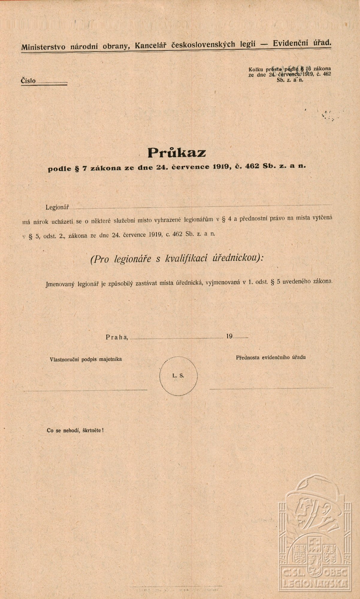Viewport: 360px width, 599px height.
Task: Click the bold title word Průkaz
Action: point(177,153)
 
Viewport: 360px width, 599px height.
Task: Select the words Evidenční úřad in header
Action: point(302,43)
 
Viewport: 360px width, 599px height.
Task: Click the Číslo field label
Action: point(28,81)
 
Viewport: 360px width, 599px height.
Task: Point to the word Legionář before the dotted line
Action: point(58,207)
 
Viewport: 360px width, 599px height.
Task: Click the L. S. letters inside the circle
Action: point(178,376)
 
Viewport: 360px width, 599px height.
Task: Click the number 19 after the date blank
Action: point(229,336)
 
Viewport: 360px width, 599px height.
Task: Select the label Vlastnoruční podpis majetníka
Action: point(86,359)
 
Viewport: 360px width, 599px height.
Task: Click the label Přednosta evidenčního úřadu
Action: point(271,357)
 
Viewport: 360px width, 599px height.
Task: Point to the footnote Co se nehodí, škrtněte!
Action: point(75,431)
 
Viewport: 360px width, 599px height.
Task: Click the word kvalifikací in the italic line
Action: point(186,258)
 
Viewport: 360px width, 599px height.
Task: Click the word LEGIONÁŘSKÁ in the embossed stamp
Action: point(313,583)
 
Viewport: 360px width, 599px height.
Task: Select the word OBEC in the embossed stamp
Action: point(335,573)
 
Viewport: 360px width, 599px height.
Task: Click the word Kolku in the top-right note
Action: point(256,69)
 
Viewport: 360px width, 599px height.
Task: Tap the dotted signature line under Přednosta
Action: point(271,388)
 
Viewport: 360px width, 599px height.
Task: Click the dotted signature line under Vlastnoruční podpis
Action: point(85,390)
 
